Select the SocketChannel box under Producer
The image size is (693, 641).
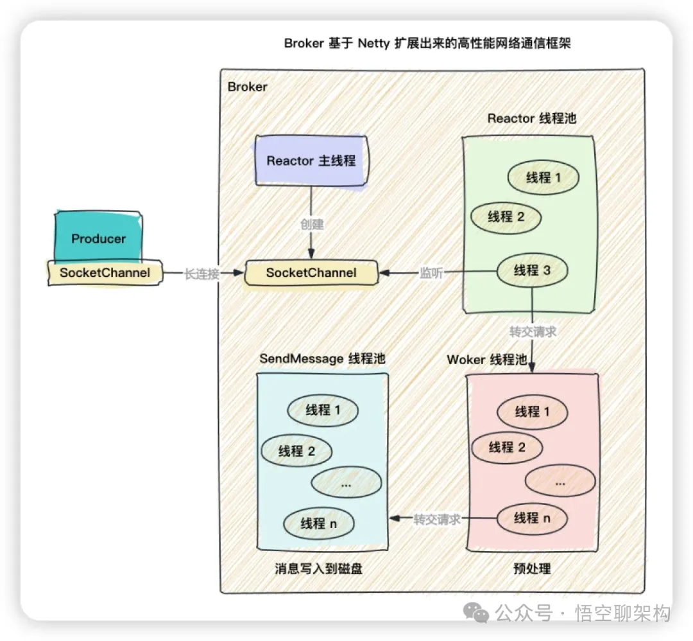[105, 273]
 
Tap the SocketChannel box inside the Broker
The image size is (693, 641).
[311, 273]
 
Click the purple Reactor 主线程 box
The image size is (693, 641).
[311, 161]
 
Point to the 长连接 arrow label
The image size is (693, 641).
[202, 274]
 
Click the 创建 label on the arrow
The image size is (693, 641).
[312, 225]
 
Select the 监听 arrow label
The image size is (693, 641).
[431, 272]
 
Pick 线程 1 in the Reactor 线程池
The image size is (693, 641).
[543, 177]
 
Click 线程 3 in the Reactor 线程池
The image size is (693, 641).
[532, 271]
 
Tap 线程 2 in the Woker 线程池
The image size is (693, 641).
[507, 447]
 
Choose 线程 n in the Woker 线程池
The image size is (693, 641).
[532, 518]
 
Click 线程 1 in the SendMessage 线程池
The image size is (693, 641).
[323, 410]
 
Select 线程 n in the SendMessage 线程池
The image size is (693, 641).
[319, 523]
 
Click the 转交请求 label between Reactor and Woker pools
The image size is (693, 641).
[533, 332]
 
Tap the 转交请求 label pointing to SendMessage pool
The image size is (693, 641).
[437, 520]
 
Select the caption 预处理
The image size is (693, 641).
[532, 569]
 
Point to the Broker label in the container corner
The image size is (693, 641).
[248, 87]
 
